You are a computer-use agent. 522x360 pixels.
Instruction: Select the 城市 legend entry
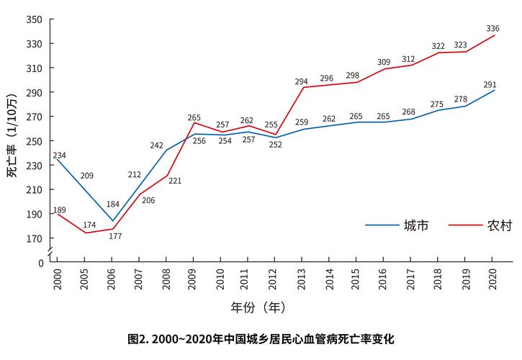point(417,225)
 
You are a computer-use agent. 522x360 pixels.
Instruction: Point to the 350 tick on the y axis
point(35,19)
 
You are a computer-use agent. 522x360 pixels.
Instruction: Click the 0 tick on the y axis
point(40,263)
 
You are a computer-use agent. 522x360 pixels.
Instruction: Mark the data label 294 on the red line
point(302,81)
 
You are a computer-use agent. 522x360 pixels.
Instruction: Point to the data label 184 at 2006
point(112,204)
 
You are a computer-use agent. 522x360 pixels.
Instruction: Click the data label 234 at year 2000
point(59,156)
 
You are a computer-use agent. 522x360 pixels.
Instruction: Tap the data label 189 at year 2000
point(59,210)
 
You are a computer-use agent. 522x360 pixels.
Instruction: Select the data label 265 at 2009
point(193,117)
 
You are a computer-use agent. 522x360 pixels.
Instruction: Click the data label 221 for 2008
point(174,181)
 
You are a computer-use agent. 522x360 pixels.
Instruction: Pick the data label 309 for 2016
point(384,63)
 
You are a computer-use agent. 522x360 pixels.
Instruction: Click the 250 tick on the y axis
point(35,141)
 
